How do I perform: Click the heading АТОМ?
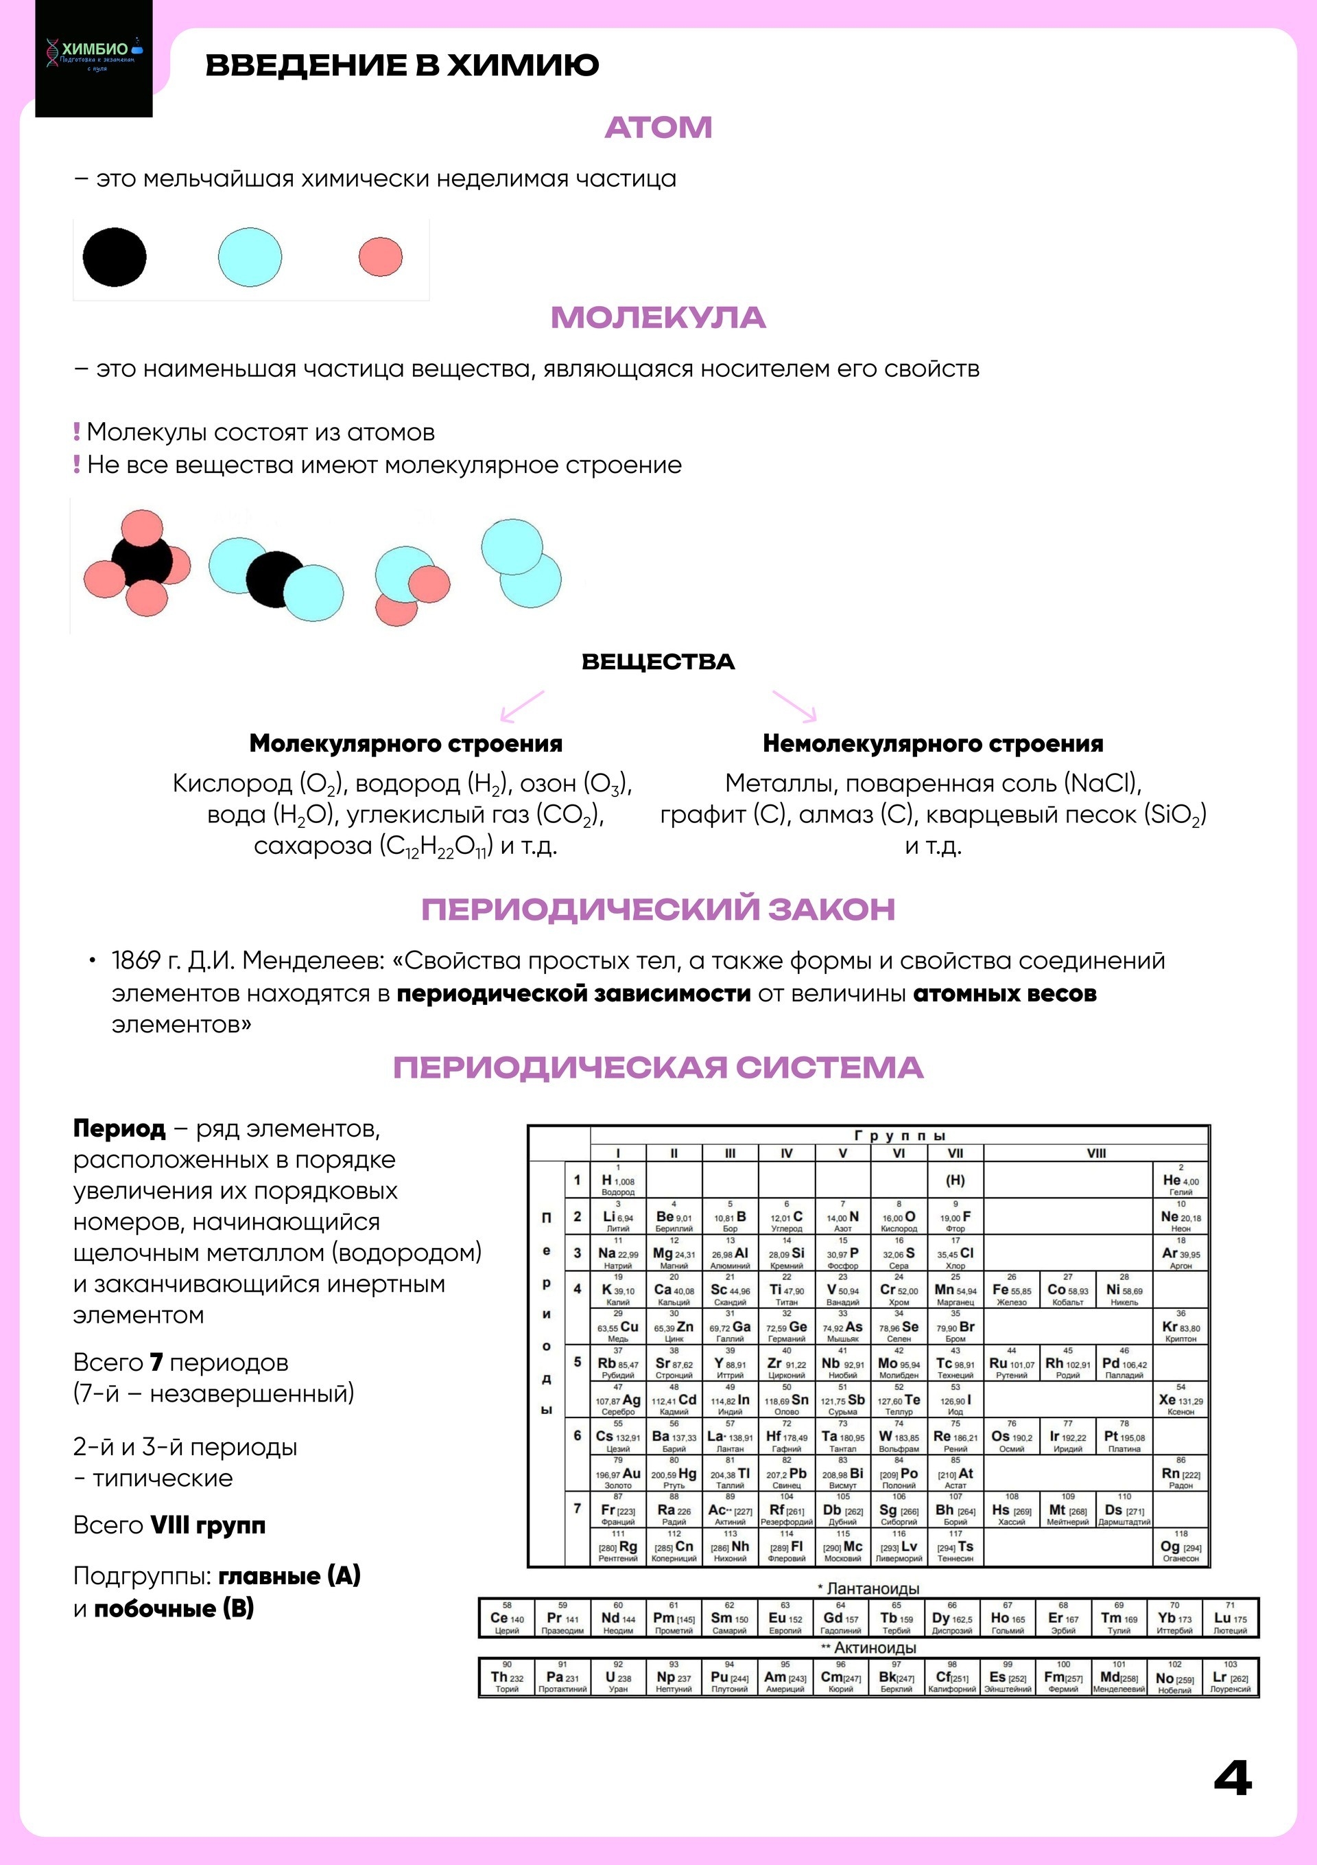pyautogui.click(x=658, y=128)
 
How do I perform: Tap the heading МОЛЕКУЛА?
pyautogui.click(x=658, y=318)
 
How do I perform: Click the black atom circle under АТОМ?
pyautogui.click(x=115, y=257)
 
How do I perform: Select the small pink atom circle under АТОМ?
pyautogui.click(x=381, y=257)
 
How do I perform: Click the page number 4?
pyautogui.click(x=1232, y=1779)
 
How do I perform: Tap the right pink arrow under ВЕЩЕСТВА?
pyautogui.click(x=796, y=706)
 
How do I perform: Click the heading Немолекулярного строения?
pyautogui.click(x=932, y=743)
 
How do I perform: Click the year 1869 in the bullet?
pyautogui.click(x=136, y=961)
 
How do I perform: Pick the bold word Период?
pyautogui.click(x=119, y=1128)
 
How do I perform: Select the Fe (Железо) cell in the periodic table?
pyautogui.click(x=1012, y=1290)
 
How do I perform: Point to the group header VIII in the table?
pyautogui.click(x=1096, y=1153)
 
